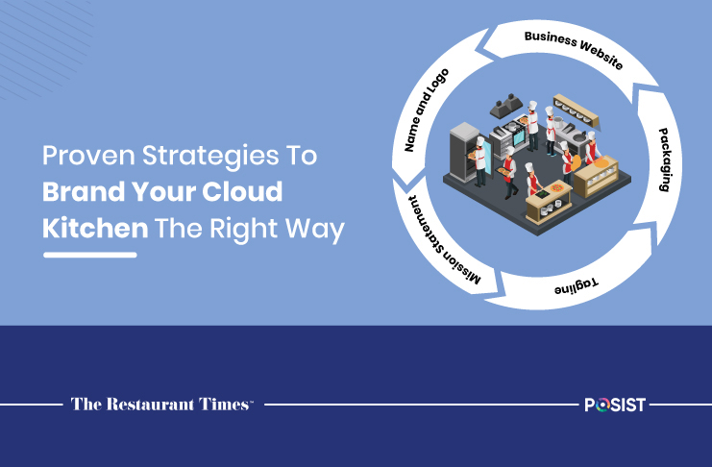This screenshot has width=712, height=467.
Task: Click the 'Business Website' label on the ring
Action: click(x=574, y=49)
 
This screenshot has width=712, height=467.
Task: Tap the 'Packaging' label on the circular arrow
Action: click(x=665, y=160)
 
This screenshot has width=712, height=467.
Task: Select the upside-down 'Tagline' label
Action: click(x=576, y=286)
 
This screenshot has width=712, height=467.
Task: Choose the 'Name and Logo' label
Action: click(x=427, y=110)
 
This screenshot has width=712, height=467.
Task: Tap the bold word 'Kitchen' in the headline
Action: click(x=95, y=228)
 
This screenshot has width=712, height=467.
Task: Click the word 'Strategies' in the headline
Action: click(x=210, y=157)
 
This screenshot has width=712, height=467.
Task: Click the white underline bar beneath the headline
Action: click(x=90, y=255)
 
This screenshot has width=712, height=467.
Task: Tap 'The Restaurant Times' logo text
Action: click(x=161, y=404)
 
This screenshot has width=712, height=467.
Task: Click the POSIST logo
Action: click(x=615, y=405)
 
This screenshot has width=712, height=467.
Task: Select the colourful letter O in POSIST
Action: click(x=601, y=406)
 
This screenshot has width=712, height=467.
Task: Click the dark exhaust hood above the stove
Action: click(x=505, y=106)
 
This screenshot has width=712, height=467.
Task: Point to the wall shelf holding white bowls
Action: click(x=576, y=111)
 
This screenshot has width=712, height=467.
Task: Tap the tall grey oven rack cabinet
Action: click(x=464, y=151)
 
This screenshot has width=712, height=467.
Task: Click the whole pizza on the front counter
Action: click(x=556, y=187)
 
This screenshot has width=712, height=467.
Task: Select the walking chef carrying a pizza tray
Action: click(x=509, y=174)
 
